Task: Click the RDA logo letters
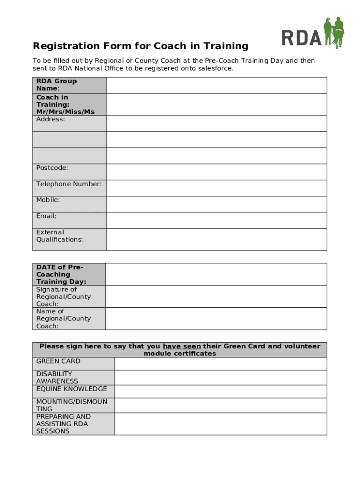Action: (x=302, y=37)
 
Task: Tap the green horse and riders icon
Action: (x=334, y=32)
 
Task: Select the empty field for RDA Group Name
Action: (x=216, y=85)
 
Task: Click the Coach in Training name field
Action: (x=216, y=104)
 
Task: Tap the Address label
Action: (x=50, y=119)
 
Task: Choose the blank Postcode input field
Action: (x=216, y=172)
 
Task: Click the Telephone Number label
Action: (x=69, y=184)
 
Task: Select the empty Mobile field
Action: (x=216, y=204)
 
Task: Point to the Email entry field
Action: (x=216, y=220)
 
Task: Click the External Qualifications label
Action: (x=59, y=236)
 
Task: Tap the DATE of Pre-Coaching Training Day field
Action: (x=216, y=274)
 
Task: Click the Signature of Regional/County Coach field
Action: (x=216, y=297)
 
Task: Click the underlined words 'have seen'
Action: (x=182, y=346)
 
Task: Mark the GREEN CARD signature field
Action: (x=221, y=363)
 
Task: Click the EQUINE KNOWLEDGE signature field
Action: (x=221, y=391)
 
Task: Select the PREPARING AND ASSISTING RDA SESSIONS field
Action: (x=221, y=424)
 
